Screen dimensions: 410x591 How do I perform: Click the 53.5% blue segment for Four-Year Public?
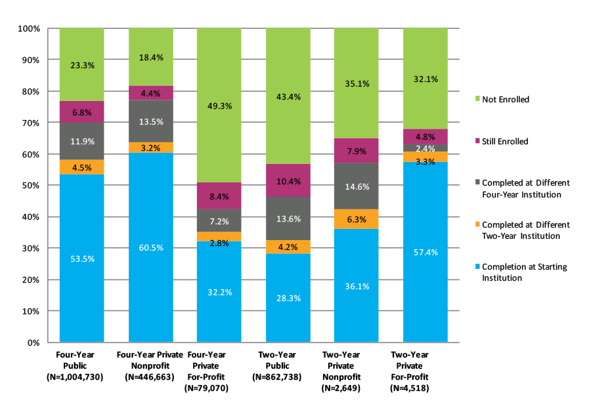point(82,258)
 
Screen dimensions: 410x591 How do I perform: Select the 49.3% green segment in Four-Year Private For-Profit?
point(219,106)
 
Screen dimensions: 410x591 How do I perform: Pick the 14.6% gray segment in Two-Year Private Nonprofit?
point(357,186)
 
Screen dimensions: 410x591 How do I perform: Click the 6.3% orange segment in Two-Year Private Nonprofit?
point(357,219)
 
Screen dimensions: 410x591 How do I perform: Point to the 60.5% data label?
point(150,247)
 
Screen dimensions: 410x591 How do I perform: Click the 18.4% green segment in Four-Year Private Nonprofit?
point(150,57)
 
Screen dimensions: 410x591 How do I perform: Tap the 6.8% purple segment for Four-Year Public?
point(82,112)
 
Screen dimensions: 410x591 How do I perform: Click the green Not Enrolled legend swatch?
point(477,100)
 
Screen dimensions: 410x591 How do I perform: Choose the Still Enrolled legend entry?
point(504,141)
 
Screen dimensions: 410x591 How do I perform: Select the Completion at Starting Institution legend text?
point(524,272)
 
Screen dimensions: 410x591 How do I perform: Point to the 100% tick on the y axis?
point(30,29)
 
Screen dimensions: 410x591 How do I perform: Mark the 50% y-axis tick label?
point(32,186)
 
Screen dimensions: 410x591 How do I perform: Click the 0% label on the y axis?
point(34,342)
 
